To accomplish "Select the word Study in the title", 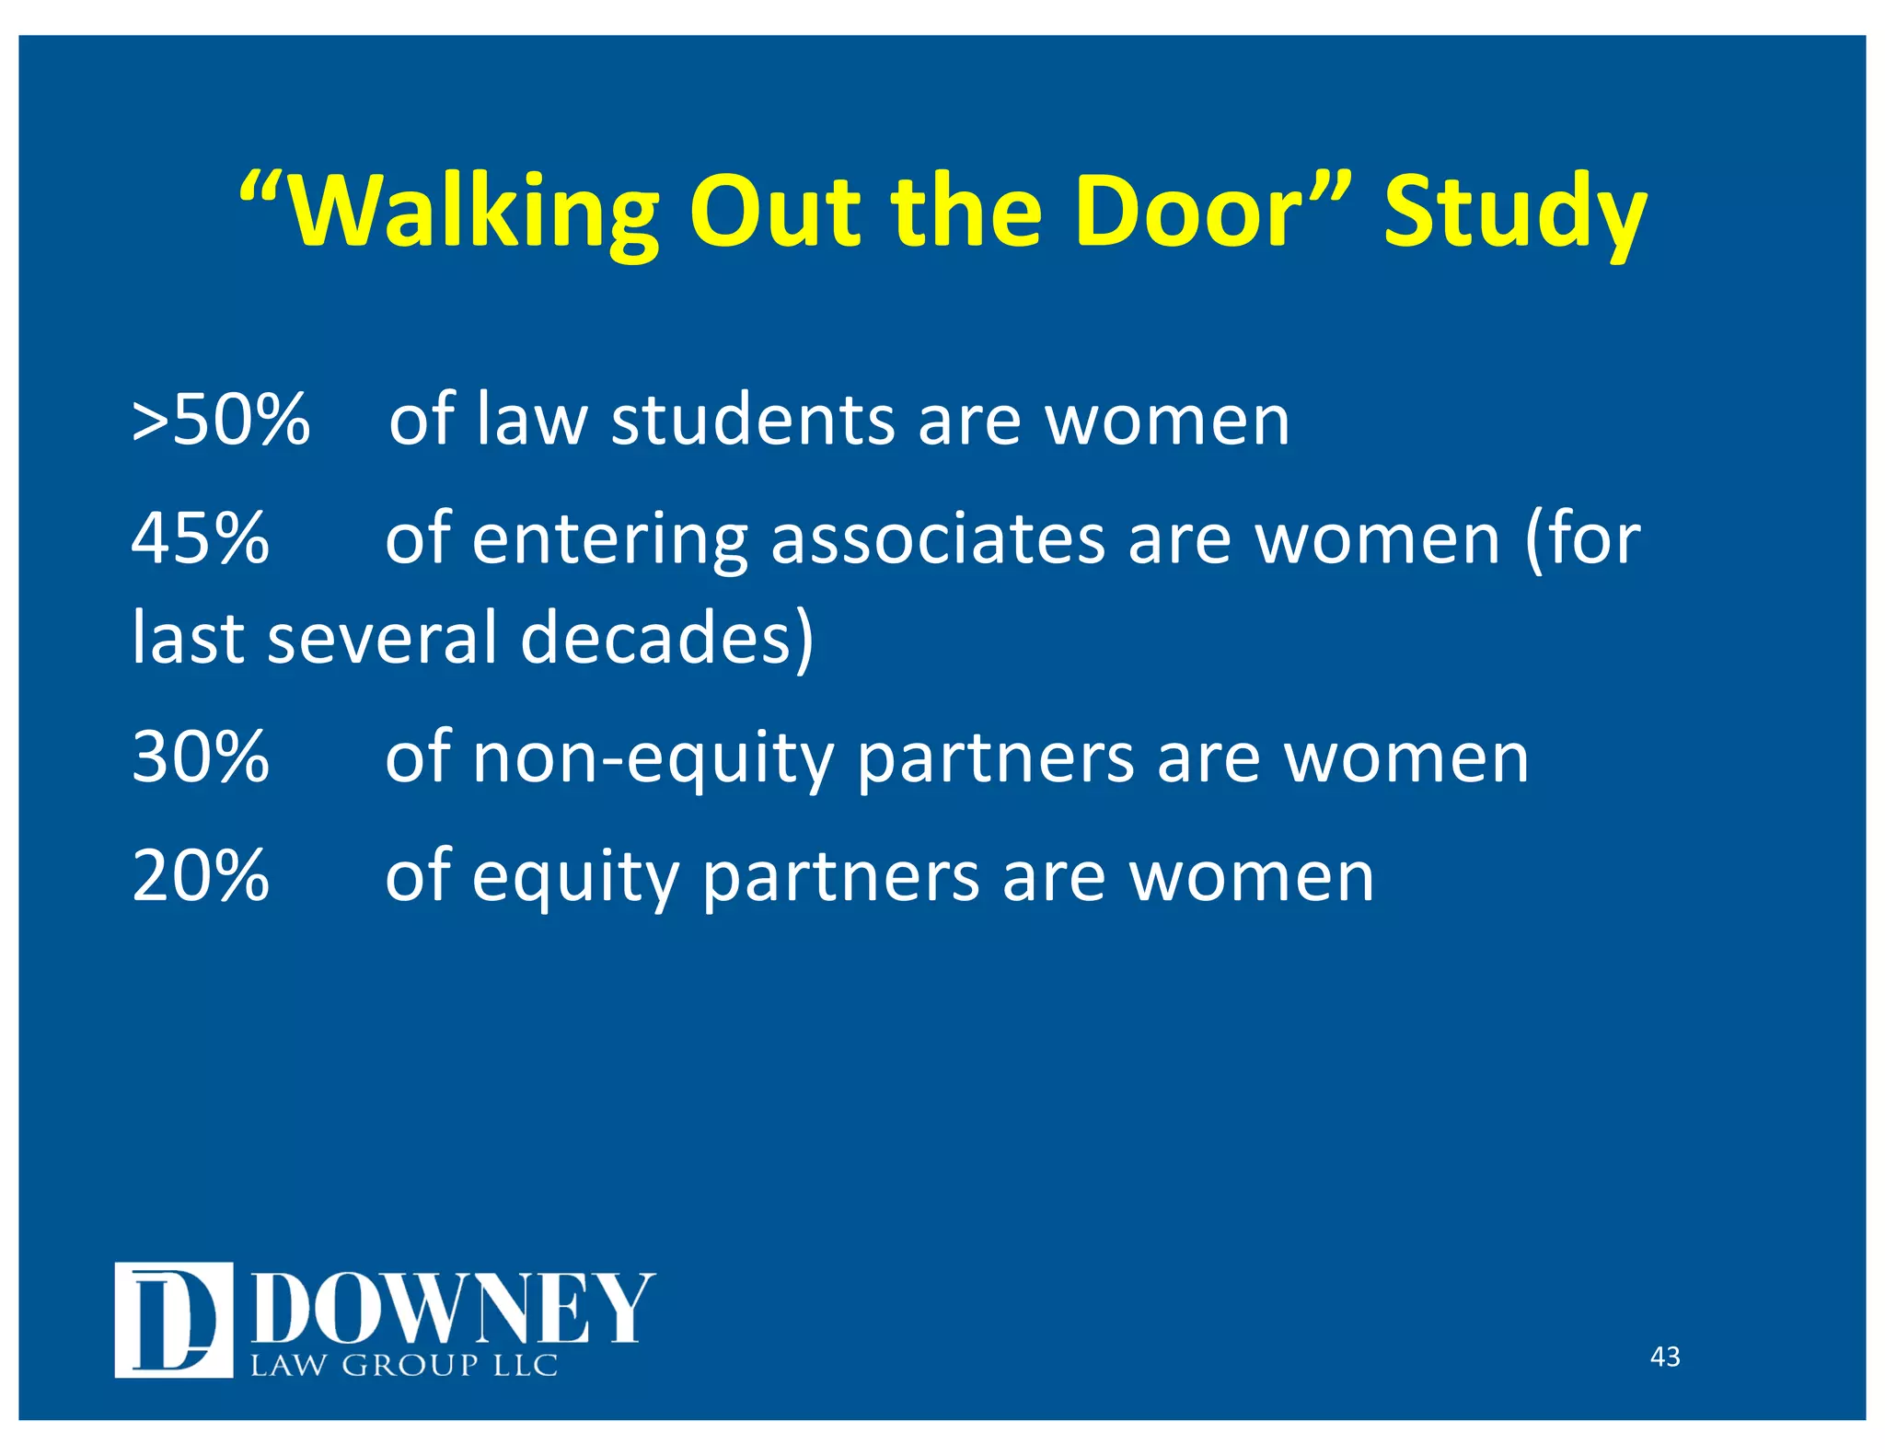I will pos(1514,213).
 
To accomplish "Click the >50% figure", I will pos(221,421).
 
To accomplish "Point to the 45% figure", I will pos(201,538).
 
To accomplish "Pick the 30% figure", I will pos(201,757).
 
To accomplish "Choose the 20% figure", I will pos(201,875).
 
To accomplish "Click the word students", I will pos(753,421).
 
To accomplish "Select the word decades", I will pos(667,638).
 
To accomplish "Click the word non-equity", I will pos(653,757).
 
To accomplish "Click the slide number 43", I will pos(1665,1357).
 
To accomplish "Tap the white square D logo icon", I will pos(173,1320).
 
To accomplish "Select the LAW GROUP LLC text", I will pos(405,1365).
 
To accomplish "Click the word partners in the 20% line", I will pos(840,877).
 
